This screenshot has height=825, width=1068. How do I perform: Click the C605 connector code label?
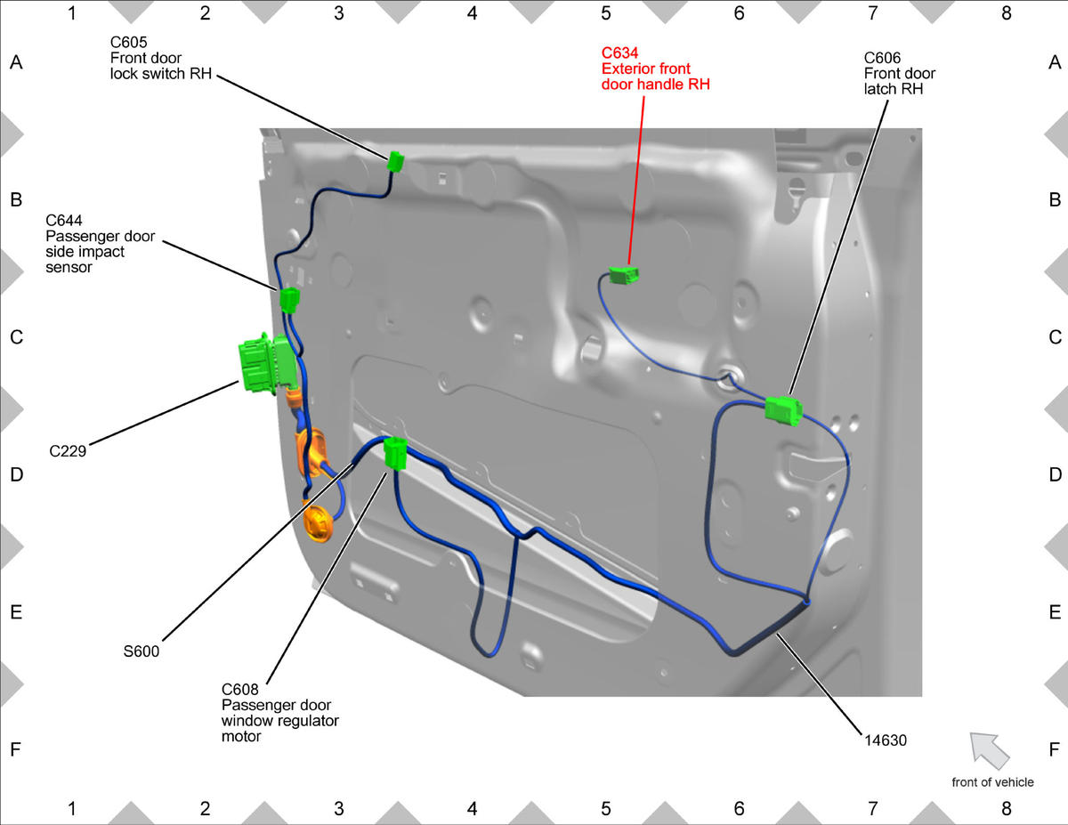coord(128,42)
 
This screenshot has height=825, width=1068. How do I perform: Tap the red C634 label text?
coord(619,53)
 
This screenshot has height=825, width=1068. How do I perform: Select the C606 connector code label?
coord(882,58)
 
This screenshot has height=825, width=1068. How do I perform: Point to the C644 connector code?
coord(64,220)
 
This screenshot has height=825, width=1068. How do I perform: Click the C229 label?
coord(68,451)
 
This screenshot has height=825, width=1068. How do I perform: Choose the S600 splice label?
coord(141,651)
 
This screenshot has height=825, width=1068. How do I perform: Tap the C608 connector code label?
coord(239,690)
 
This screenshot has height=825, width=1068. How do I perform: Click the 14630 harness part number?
coord(886,740)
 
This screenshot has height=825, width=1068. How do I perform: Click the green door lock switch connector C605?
coord(395,162)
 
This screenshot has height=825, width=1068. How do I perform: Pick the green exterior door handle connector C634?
coord(624,275)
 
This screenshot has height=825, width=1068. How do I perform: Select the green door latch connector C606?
coord(783,411)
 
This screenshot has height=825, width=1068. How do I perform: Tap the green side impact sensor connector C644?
coord(289,299)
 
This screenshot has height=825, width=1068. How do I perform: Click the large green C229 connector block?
coord(267,364)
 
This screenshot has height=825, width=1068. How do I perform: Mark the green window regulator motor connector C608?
coord(395,453)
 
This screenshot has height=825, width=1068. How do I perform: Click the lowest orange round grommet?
coord(319,523)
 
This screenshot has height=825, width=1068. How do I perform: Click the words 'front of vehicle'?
coord(992,782)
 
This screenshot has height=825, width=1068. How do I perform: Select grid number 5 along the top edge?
coord(605,13)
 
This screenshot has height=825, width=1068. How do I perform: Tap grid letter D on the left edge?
coord(16,474)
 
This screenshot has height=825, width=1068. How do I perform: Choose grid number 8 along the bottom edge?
coord(1006,808)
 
